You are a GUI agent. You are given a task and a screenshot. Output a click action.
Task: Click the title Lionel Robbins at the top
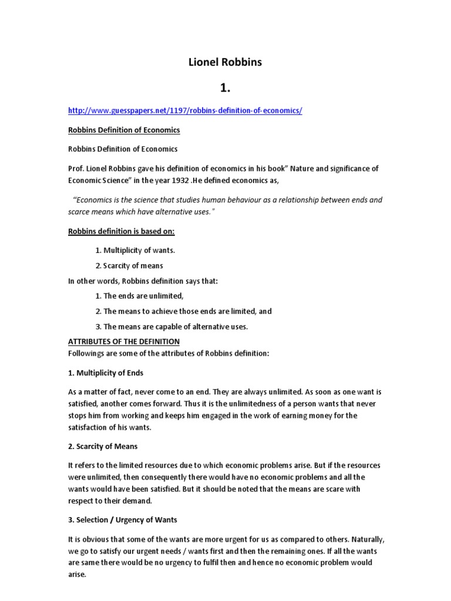click(x=225, y=62)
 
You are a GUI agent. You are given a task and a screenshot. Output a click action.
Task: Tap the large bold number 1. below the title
click(x=225, y=87)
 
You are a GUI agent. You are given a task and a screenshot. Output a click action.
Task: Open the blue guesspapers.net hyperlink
click(x=185, y=110)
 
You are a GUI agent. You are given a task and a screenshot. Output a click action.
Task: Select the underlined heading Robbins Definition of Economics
click(x=124, y=130)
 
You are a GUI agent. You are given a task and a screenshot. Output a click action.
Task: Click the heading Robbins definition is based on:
click(x=122, y=231)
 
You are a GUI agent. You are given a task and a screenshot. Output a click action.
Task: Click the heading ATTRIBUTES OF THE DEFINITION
click(x=124, y=341)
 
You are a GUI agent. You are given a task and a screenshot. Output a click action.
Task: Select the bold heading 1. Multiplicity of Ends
click(x=106, y=373)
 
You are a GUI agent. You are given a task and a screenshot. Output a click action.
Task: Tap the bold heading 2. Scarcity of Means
click(x=103, y=447)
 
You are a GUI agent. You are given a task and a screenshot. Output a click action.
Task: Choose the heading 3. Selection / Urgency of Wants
click(x=123, y=519)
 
